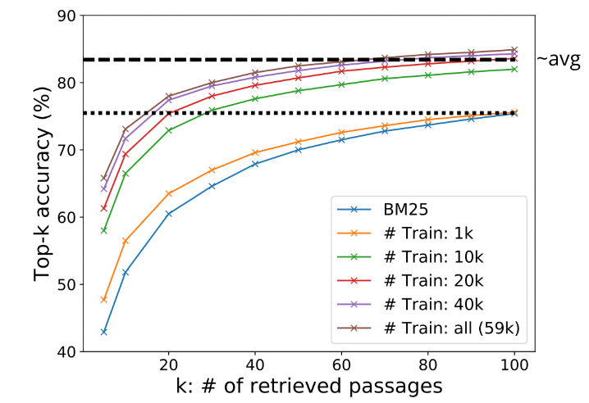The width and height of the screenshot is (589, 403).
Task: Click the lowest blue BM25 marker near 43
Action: pyautogui.click(x=104, y=332)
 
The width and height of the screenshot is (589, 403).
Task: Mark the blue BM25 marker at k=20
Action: pyautogui.click(x=169, y=214)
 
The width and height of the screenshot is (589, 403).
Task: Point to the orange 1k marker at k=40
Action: pyautogui.click(x=255, y=152)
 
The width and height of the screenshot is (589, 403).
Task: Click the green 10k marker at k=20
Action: pyautogui.click(x=169, y=130)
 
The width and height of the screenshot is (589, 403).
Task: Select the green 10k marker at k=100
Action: pyautogui.click(x=514, y=69)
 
